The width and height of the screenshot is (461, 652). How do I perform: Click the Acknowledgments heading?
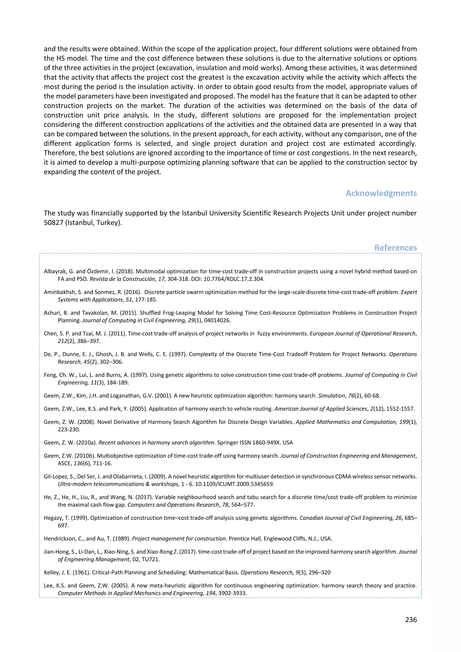coord(381,193)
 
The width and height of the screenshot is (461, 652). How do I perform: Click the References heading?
coord(395,248)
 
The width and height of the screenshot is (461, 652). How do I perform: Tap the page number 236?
coord(411,620)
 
